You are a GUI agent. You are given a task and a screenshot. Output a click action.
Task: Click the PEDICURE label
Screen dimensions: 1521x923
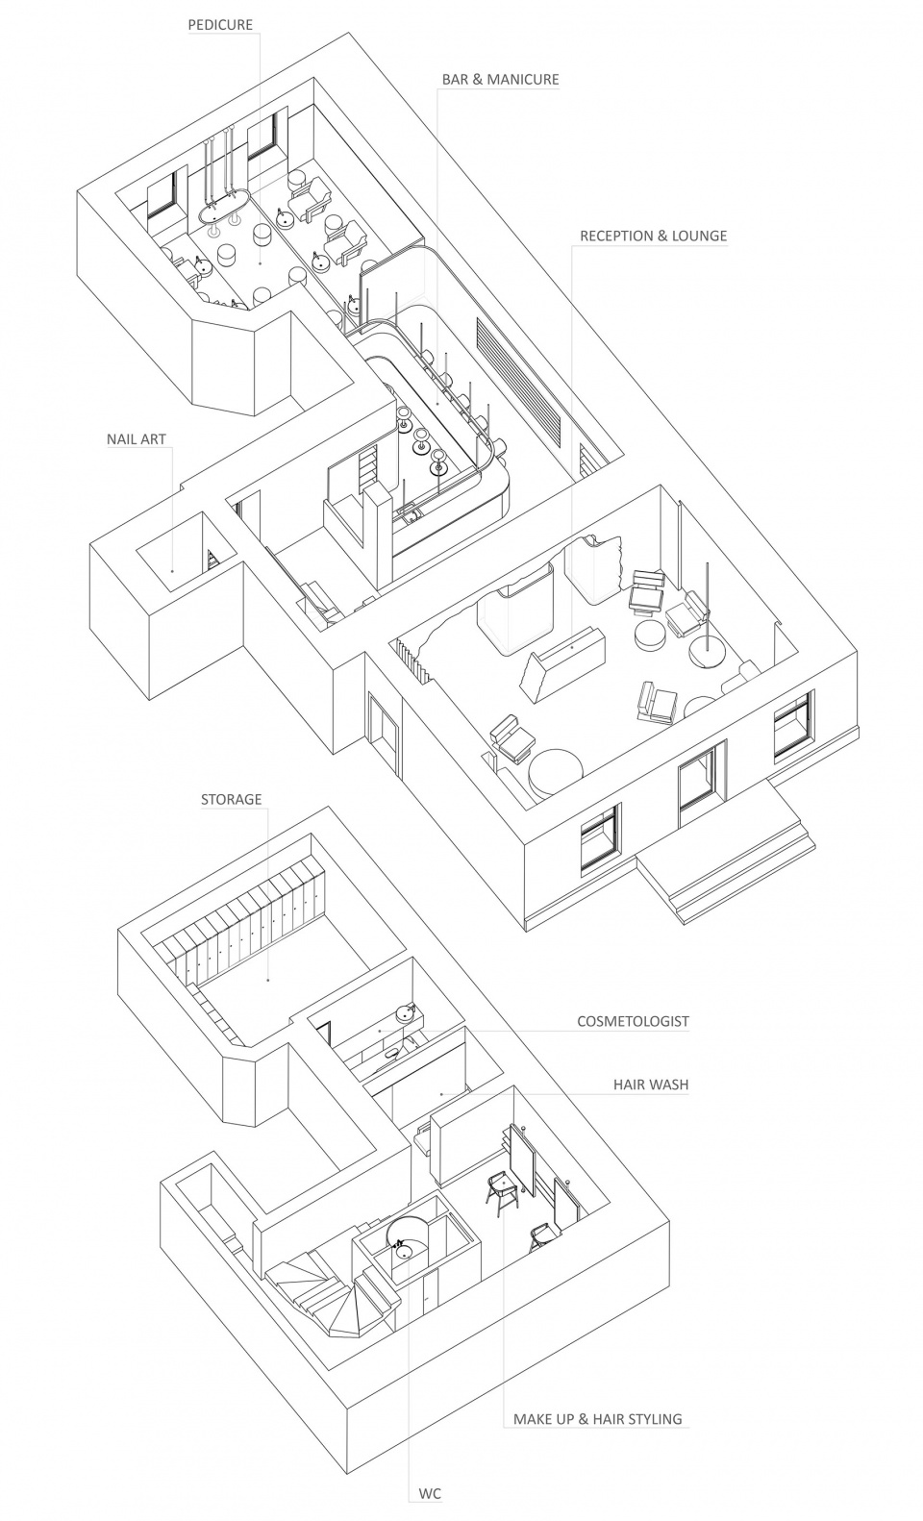pyautogui.click(x=219, y=25)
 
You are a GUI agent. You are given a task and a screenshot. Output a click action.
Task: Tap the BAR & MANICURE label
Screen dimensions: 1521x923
pyautogui.click(x=500, y=79)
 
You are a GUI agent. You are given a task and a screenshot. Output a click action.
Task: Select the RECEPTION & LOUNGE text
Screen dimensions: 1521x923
pyautogui.click(x=653, y=236)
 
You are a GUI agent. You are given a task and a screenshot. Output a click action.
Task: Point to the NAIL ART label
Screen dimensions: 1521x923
pyautogui.click(x=137, y=439)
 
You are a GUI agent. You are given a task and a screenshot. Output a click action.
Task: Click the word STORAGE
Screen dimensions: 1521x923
pyautogui.click(x=231, y=799)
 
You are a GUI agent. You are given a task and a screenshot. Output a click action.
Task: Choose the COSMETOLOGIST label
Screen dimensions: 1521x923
pyautogui.click(x=633, y=1021)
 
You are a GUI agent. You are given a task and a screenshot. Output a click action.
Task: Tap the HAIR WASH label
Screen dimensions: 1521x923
pyautogui.click(x=651, y=1085)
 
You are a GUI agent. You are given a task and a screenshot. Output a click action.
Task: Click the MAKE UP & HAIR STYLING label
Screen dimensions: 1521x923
pyautogui.click(x=597, y=1418)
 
